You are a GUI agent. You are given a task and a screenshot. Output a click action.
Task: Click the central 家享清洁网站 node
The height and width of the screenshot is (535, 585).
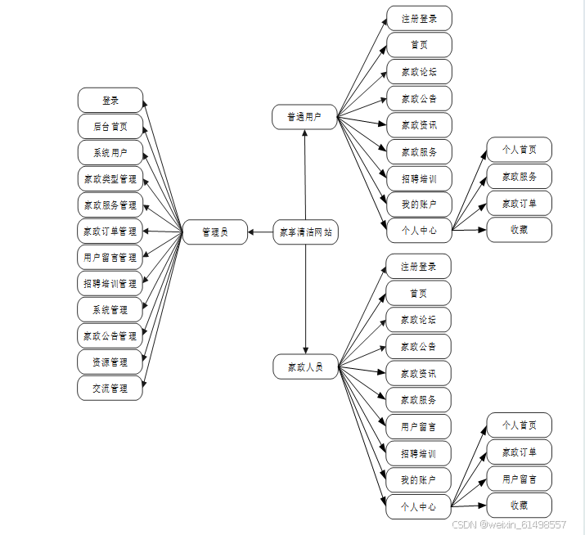tap(305, 232)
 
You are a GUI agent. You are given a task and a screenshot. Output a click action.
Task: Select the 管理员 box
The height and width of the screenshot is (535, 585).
tap(215, 232)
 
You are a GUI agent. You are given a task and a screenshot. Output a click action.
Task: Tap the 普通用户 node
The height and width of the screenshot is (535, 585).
tap(305, 117)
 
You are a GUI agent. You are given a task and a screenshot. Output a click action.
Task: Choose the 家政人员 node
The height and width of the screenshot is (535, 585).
tap(305, 367)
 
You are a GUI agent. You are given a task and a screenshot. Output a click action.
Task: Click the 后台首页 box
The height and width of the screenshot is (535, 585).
tap(110, 127)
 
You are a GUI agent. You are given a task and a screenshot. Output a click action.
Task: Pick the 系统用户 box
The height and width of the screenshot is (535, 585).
tap(110, 153)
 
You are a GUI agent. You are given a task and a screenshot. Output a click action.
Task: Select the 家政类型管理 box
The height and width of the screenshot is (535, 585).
tap(110, 179)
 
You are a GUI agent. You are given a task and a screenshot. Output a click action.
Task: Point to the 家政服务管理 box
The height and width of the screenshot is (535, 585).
tap(110, 205)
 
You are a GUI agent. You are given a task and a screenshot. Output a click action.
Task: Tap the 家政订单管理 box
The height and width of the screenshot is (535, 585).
tap(110, 232)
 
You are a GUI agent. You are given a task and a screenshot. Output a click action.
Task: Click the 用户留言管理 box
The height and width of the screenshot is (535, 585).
tap(110, 258)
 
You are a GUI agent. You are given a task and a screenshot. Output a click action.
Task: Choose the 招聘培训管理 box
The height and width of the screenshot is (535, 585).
tap(110, 284)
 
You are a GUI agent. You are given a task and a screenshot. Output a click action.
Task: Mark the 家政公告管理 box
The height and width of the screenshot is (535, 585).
tap(110, 336)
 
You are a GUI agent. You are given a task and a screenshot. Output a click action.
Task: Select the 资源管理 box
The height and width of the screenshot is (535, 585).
tap(110, 362)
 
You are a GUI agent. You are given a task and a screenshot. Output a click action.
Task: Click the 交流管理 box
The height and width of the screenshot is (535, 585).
tap(110, 389)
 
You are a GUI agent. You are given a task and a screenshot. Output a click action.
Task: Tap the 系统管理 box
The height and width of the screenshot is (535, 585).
tap(110, 310)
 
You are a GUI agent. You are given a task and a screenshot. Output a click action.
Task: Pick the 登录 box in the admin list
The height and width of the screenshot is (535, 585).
tap(110, 101)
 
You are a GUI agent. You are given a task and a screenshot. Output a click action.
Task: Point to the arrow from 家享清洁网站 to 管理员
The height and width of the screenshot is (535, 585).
tap(260, 232)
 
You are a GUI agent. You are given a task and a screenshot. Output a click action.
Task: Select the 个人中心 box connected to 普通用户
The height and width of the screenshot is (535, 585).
tap(419, 230)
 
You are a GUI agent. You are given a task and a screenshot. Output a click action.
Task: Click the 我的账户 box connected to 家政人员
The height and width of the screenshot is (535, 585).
tap(419, 480)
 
